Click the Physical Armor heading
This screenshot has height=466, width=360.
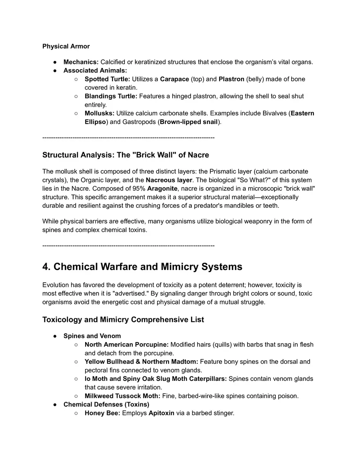[66, 46]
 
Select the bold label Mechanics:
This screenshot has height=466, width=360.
[81, 62]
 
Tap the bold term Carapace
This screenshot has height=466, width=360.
[174, 79]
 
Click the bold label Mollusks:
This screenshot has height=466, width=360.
[99, 113]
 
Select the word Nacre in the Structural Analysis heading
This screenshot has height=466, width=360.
[198, 155]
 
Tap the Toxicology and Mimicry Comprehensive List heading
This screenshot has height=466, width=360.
[123, 320]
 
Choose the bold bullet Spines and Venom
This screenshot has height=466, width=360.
[92, 336]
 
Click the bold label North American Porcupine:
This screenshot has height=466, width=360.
[126, 344]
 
